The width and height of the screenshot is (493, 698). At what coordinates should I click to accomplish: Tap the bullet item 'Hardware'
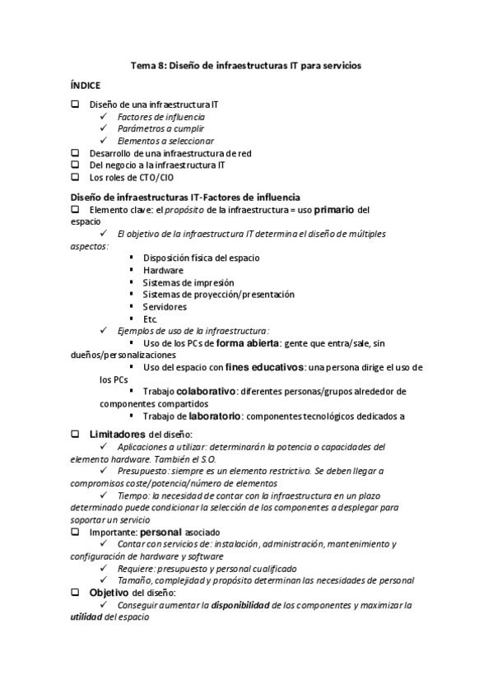coord(163,270)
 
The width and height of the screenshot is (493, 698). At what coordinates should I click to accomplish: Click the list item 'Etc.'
coord(150,319)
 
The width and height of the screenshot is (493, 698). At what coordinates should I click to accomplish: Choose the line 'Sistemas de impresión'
coord(182,282)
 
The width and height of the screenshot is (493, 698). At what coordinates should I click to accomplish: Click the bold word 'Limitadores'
coord(118,434)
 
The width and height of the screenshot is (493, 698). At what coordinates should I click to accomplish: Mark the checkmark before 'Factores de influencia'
coord(104,118)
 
